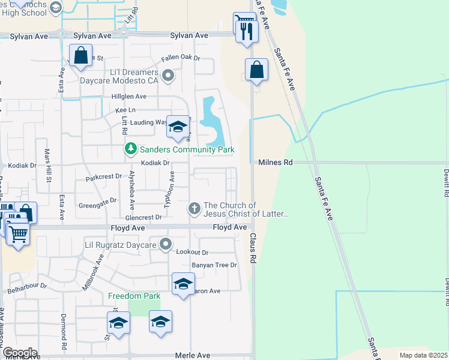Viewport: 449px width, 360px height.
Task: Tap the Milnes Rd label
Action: pyautogui.click(x=276, y=163)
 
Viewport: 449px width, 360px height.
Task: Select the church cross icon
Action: pyautogui.click(x=194, y=209)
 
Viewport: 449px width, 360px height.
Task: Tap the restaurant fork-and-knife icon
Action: pyautogui.click(x=246, y=31)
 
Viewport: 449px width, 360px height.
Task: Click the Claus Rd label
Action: pyautogui.click(x=253, y=246)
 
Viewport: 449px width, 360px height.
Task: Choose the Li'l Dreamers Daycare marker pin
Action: pyautogui.click(x=169, y=76)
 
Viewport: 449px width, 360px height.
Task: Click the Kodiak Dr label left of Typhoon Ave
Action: pyautogui.click(x=156, y=163)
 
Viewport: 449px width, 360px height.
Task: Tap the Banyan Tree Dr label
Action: pyautogui.click(x=214, y=265)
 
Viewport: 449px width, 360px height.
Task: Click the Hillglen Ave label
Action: pyautogui.click(x=128, y=96)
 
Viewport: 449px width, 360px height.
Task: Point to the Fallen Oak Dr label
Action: pyautogui.click(x=180, y=59)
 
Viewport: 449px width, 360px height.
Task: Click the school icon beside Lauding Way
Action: pyautogui.click(x=178, y=127)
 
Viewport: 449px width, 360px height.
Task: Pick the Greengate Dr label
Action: pyautogui.click(x=97, y=205)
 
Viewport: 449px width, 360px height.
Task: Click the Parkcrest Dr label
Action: pyautogui.click(x=103, y=178)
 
